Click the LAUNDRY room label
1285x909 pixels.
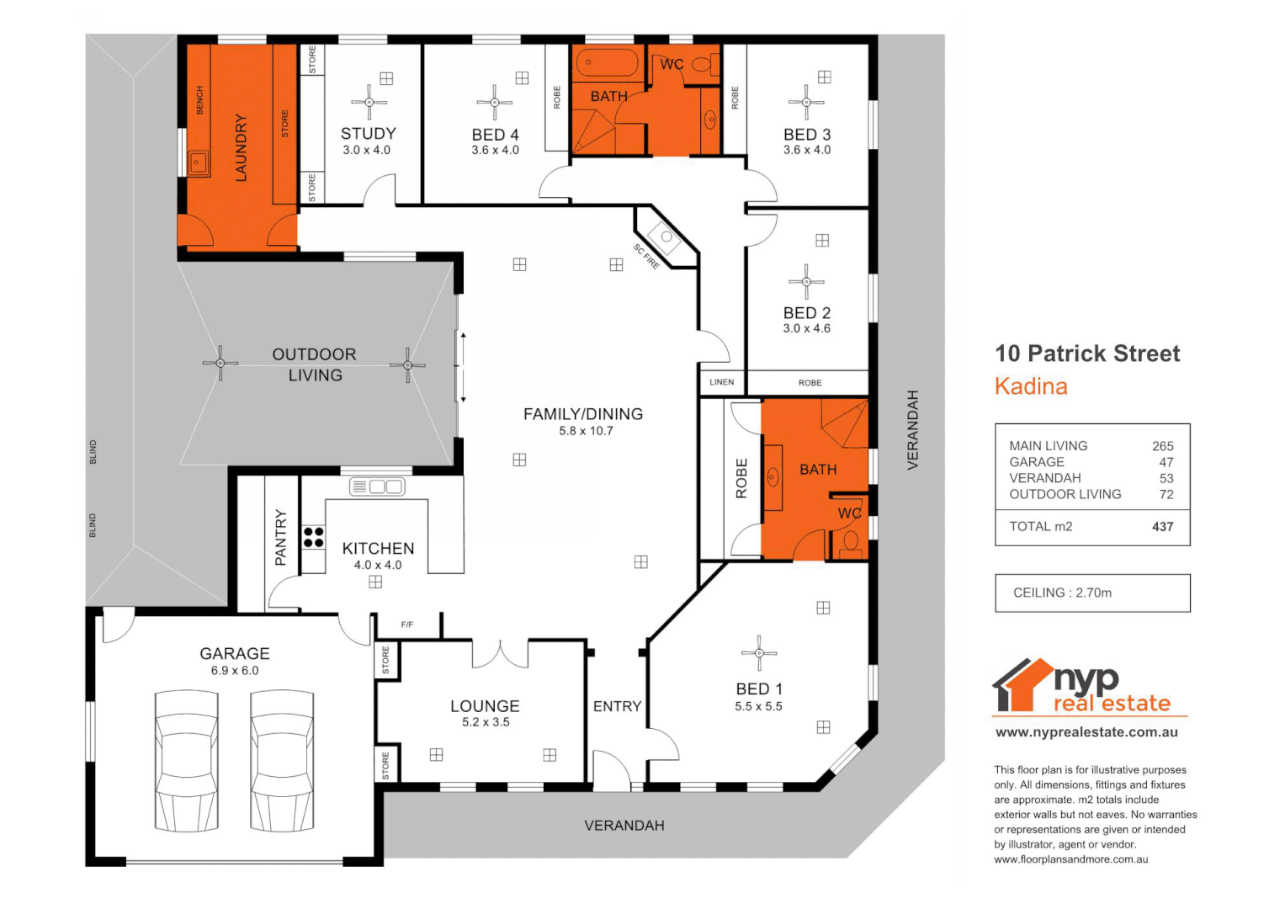[x=242, y=148]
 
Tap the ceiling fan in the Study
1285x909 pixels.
[x=369, y=103]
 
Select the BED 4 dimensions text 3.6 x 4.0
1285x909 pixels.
[x=495, y=151]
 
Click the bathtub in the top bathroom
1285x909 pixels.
[x=606, y=63]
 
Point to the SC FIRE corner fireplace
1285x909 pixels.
[x=666, y=238]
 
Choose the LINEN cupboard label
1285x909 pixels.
[x=722, y=382]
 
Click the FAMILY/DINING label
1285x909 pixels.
[x=583, y=414]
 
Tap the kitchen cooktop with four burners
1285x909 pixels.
[x=314, y=537]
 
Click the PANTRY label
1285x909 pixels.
[x=281, y=537]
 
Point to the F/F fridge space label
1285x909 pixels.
[x=407, y=625]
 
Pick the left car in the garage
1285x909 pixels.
[x=187, y=762]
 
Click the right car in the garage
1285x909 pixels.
[x=282, y=762]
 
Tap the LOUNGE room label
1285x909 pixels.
[x=485, y=706]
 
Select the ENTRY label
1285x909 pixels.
[x=617, y=706]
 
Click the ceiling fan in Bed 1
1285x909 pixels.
[x=760, y=652]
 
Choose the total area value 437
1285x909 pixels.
[x=1162, y=527]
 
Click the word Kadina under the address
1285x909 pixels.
[x=1031, y=386]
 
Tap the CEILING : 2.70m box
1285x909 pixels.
[x=1092, y=593]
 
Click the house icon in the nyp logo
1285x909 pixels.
[x=1021, y=684]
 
